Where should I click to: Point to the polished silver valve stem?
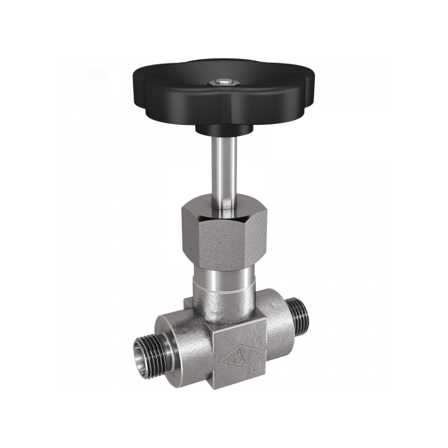[x=223, y=168]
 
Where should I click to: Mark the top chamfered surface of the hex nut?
[x=224, y=210]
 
